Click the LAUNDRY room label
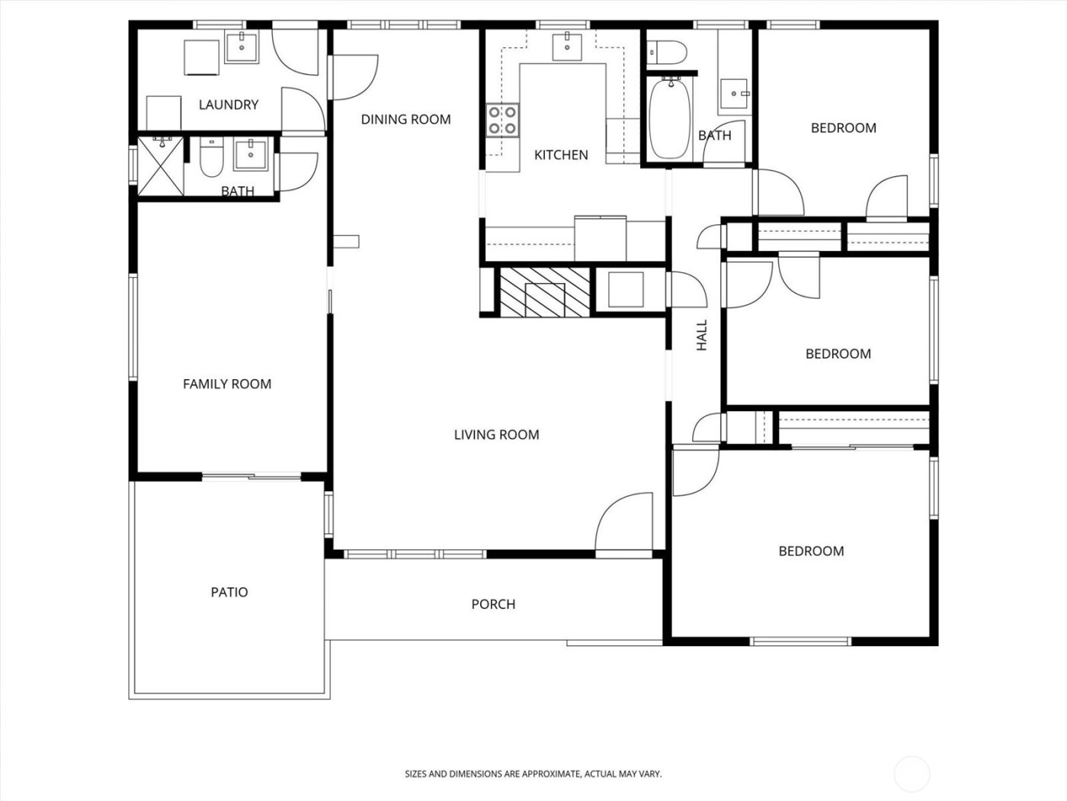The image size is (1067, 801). [x=228, y=105]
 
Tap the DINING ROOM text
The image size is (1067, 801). [x=405, y=119]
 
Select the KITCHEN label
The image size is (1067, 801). [x=561, y=155]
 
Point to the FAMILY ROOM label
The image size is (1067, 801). [x=227, y=384]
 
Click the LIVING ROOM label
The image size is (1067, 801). [x=496, y=435]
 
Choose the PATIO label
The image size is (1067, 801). [x=229, y=592]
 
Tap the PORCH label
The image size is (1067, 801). [x=493, y=604]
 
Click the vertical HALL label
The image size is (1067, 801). [x=702, y=335]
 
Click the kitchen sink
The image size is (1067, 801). [x=567, y=46]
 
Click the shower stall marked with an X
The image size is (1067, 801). [x=161, y=166]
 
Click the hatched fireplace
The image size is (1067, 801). [x=544, y=291]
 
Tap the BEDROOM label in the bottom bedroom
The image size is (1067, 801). [x=811, y=551]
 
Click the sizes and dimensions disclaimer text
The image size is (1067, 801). [x=533, y=774]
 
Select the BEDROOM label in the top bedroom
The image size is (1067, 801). [x=843, y=127]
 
